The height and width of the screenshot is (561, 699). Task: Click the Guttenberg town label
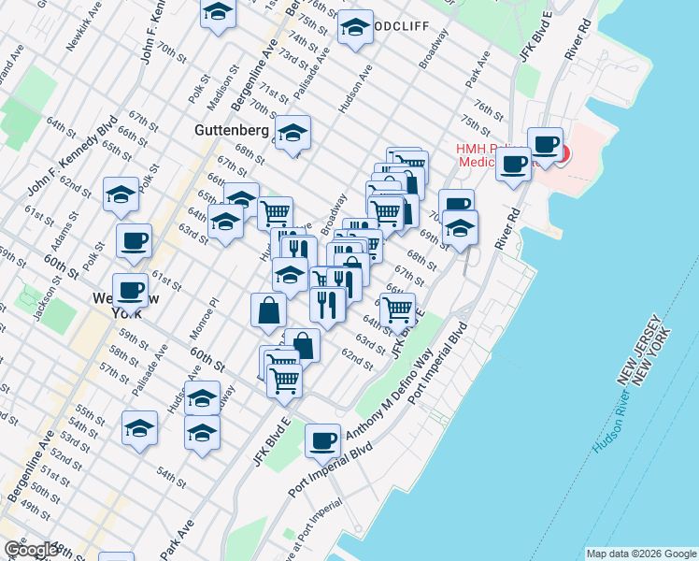click(233, 129)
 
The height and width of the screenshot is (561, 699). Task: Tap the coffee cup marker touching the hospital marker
click(545, 145)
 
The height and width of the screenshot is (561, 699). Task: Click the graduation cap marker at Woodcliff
click(355, 28)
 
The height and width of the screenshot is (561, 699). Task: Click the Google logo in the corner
click(32, 550)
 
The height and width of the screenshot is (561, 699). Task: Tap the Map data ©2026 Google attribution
click(641, 554)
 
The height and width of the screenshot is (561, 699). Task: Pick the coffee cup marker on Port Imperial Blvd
click(322, 440)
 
